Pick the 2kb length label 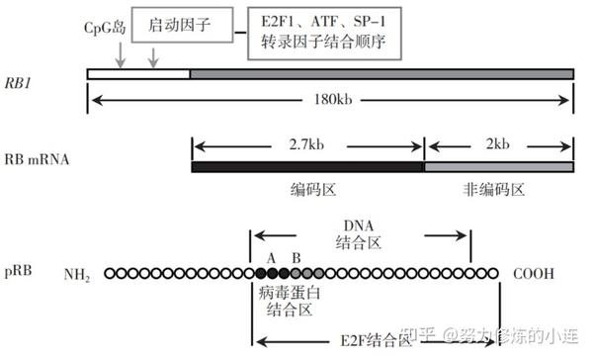[x=499, y=144]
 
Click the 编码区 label [x=309, y=189]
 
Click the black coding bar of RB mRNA [x=307, y=166]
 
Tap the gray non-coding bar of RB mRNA [x=499, y=166]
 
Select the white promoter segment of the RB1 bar [x=138, y=74]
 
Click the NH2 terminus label [x=77, y=273]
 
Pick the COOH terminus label [x=533, y=272]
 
